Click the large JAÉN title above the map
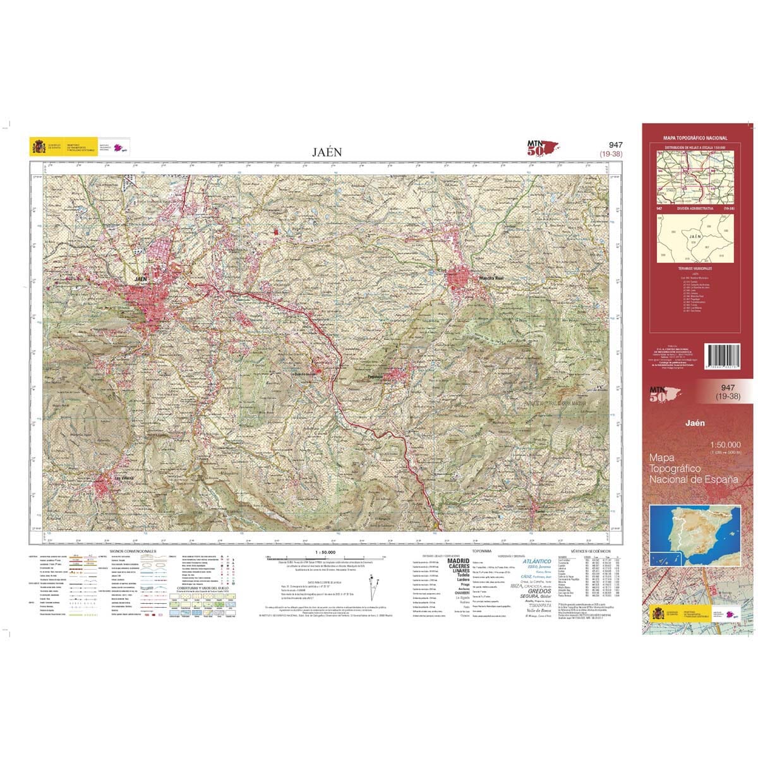pos(327,152)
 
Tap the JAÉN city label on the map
pos(141,278)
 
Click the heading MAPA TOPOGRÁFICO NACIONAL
pos(695,138)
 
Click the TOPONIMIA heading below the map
pos(473,551)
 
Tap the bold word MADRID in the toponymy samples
pos(458,560)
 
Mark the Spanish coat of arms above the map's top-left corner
pos(37,148)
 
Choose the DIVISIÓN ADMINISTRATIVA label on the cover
pos(695,208)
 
